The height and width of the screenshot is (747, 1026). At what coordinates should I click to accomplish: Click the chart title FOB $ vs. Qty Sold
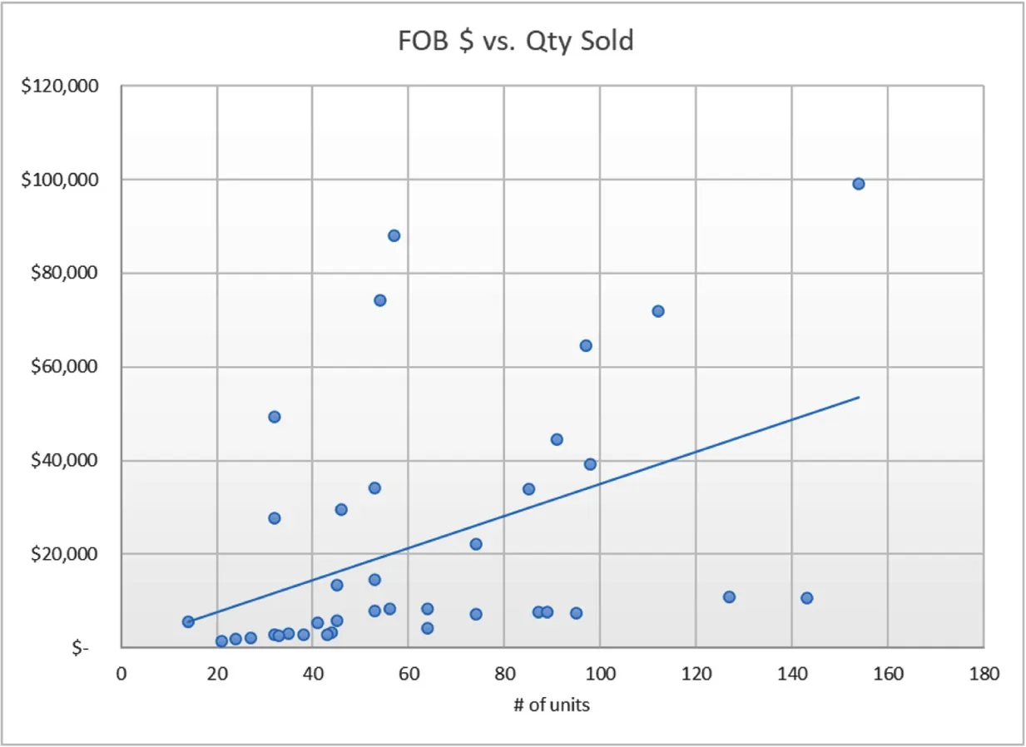coord(515,40)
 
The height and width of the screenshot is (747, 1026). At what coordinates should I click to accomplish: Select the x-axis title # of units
coord(552,705)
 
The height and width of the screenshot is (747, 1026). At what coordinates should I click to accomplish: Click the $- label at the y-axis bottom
coord(81,648)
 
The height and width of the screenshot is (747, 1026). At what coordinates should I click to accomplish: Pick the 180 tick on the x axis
coord(984,674)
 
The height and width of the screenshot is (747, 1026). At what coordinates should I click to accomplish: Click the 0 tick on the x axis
coord(121,674)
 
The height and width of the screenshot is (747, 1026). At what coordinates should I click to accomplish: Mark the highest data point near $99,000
coord(859,184)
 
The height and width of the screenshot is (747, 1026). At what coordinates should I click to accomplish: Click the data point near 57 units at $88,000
coord(394,235)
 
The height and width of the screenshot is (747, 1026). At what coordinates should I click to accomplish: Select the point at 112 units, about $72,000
coord(657,311)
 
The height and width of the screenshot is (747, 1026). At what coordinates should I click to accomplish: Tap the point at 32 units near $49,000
coord(275,417)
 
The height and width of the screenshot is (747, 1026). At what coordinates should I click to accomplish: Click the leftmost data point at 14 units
coord(188,621)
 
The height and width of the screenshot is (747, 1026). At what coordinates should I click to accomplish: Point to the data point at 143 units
coord(806,598)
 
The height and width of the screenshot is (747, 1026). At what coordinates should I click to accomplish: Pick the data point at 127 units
coord(729,596)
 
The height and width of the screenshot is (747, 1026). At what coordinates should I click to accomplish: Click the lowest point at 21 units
coord(221,641)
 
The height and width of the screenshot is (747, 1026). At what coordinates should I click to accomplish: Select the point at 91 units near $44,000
coord(557,439)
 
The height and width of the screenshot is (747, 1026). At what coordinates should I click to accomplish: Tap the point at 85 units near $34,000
coord(528,489)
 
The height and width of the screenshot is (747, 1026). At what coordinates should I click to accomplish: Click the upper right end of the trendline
coord(858,397)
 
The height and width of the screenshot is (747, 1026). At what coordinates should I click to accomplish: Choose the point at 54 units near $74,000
coord(379,300)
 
